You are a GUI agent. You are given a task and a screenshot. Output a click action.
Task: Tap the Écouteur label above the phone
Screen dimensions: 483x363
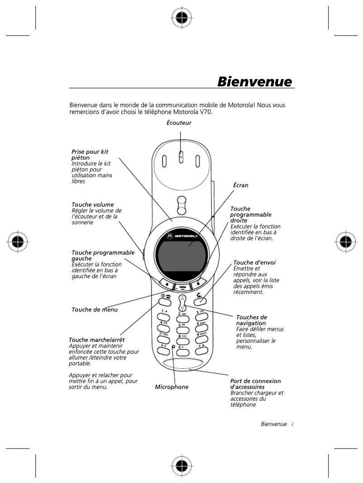coord(179,123)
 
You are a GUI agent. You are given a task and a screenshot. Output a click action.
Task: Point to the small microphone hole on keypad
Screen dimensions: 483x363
coord(173,347)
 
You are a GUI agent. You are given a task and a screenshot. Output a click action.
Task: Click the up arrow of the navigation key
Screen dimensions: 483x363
coord(182,299)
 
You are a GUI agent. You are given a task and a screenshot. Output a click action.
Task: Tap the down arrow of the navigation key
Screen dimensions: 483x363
coord(182,308)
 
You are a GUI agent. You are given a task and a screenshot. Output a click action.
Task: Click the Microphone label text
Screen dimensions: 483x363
coord(172,387)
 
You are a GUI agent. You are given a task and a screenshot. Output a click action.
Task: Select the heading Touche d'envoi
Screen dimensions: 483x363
coord(254,262)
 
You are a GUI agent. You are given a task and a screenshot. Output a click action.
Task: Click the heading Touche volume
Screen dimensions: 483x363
coord(93,205)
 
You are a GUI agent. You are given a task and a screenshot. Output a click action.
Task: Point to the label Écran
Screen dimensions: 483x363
coord(240,185)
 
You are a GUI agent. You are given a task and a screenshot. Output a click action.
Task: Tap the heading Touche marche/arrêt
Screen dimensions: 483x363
coord(96,340)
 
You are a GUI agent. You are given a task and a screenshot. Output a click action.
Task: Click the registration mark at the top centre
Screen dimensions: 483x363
coord(181,18)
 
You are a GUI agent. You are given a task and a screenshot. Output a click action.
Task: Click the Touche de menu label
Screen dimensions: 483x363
coord(95,310)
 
